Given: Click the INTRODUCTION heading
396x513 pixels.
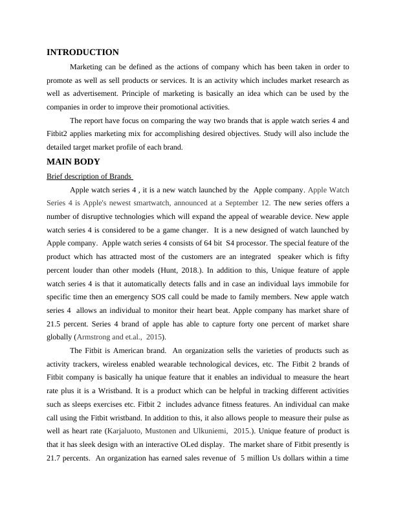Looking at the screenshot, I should point(83,52).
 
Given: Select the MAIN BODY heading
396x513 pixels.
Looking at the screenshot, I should point(73,162).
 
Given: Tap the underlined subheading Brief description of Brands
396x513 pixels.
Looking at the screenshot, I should point(89,176).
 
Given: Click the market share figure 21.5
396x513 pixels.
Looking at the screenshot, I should point(57,323).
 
